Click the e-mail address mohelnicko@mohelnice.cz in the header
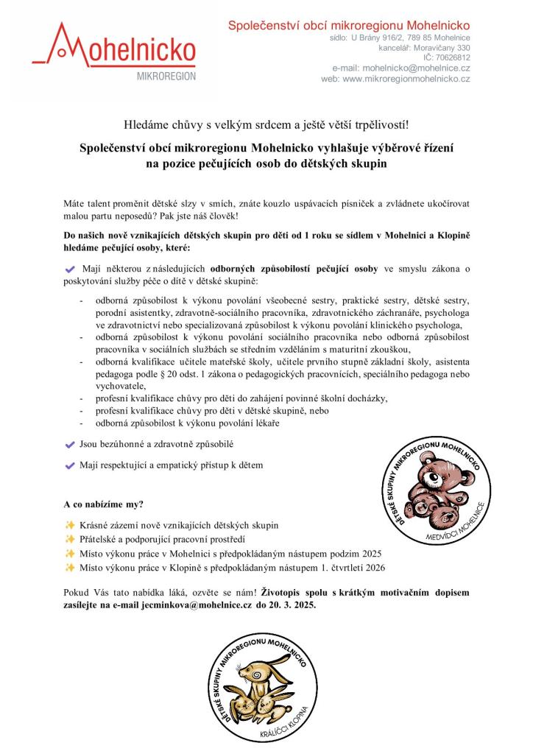pos(416,68)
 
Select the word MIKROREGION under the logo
pos(166,77)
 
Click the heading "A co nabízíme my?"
pos(104,504)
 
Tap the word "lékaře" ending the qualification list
pos(265,423)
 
